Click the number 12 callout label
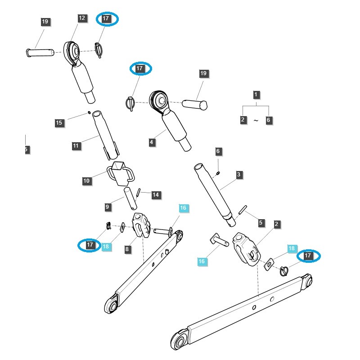pyautogui.click(x=82, y=18)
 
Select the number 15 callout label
pyautogui.click(x=59, y=123)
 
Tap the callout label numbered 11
pyautogui.click(x=76, y=146)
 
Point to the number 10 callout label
pyautogui.click(x=86, y=181)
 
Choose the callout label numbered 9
pyautogui.click(x=108, y=207)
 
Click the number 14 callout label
pyautogui.click(x=156, y=195)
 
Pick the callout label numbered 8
pyautogui.click(x=128, y=249)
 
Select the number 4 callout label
pyautogui.click(x=152, y=142)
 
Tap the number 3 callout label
pyautogui.click(x=238, y=174)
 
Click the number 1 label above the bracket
pyautogui.click(x=256, y=94)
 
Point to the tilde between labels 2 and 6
pyautogui.click(x=256, y=121)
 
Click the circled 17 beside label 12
pyautogui.click(x=108, y=18)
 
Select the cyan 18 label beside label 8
pyautogui.click(x=106, y=246)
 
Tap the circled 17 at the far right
pyautogui.click(x=308, y=256)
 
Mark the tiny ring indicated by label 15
pyautogui.click(x=89, y=112)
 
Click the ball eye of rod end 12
pyautogui.click(x=73, y=51)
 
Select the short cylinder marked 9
pyautogui.click(x=130, y=198)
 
